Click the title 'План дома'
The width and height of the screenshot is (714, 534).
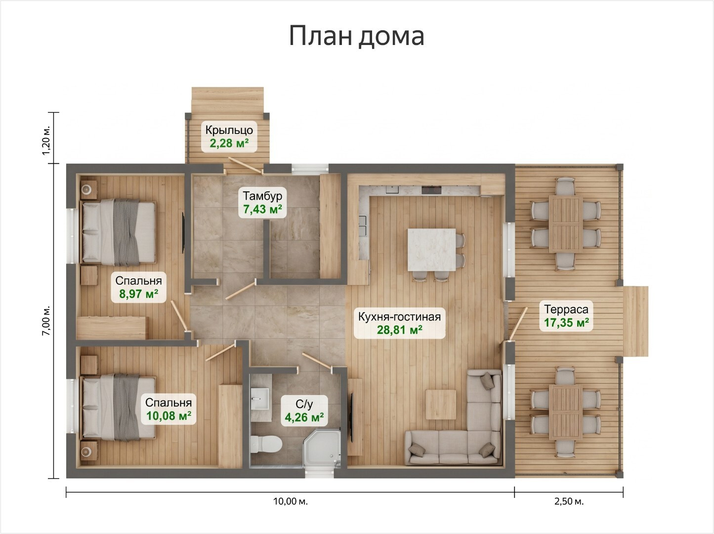point(357,36)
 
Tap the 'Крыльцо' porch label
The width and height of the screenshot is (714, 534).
point(229,130)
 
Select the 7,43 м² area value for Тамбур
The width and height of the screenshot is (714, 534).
point(262,209)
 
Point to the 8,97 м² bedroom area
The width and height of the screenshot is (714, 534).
point(139,294)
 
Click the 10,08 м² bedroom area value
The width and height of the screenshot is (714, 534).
point(168,416)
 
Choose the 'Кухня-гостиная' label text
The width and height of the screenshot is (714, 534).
point(399,316)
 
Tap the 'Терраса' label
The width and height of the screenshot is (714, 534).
point(566,309)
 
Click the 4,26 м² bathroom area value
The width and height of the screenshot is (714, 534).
point(304,417)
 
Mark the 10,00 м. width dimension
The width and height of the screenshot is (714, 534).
point(290,501)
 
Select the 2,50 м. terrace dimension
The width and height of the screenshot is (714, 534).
point(569,501)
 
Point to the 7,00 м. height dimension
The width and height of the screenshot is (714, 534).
point(46,321)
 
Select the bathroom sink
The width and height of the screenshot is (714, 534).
point(260,399)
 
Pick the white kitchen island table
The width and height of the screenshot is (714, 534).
point(432,250)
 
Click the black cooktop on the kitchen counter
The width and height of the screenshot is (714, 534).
point(431,190)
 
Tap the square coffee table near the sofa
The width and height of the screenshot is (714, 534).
point(441,404)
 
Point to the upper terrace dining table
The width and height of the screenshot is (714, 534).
point(566,224)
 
